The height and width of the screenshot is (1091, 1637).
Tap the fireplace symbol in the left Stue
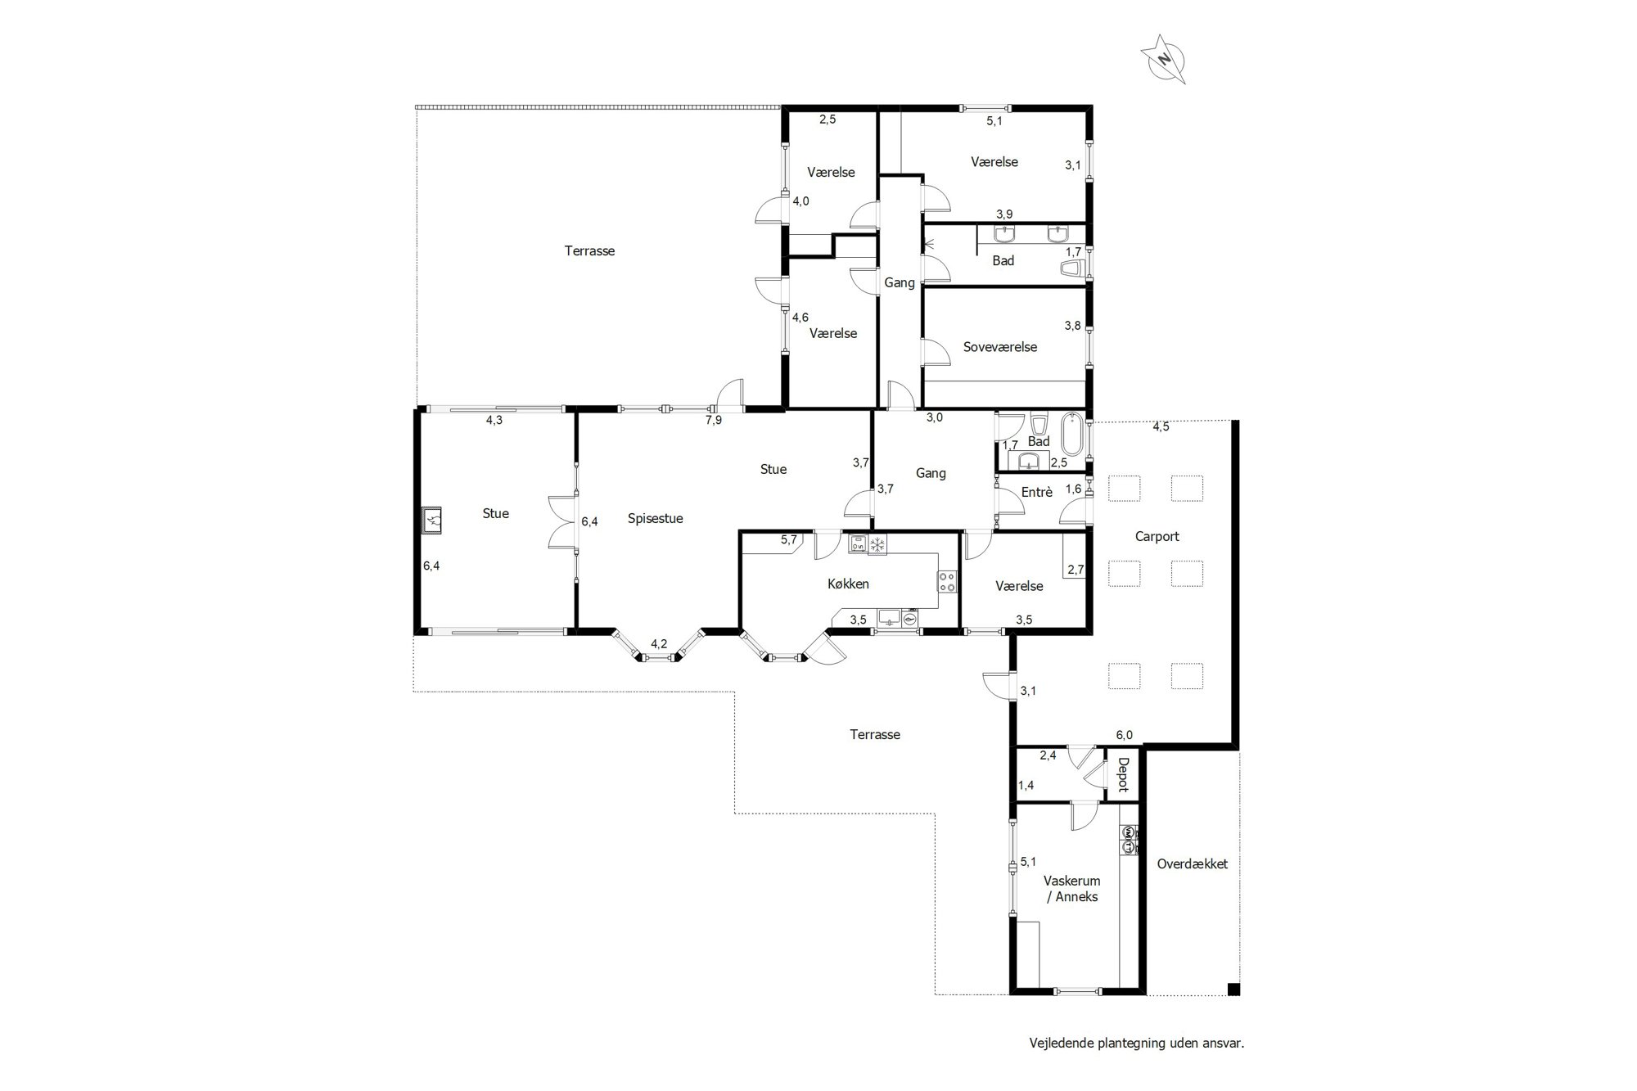(432, 521)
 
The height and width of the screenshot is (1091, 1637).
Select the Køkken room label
(848, 584)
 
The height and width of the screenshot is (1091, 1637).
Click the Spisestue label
(656, 519)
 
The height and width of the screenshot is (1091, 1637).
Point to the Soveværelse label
(1000, 347)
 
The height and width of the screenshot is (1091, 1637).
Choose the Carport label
(1157, 537)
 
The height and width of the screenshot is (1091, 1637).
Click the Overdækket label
(1193, 863)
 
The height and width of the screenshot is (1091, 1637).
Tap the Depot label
(1123, 774)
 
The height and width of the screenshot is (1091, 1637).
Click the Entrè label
(1037, 492)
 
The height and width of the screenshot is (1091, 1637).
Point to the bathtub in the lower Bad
(1072, 435)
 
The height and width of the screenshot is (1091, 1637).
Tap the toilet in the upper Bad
(1071, 268)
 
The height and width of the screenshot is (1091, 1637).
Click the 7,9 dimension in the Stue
(714, 421)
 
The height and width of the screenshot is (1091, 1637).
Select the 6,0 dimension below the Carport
(1124, 735)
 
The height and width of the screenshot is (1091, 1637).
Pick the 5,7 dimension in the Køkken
(788, 539)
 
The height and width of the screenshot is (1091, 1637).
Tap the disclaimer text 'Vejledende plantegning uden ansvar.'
(1137, 1044)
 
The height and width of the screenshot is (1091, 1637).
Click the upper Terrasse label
(589, 251)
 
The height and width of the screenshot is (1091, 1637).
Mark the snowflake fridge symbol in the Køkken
(877, 545)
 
